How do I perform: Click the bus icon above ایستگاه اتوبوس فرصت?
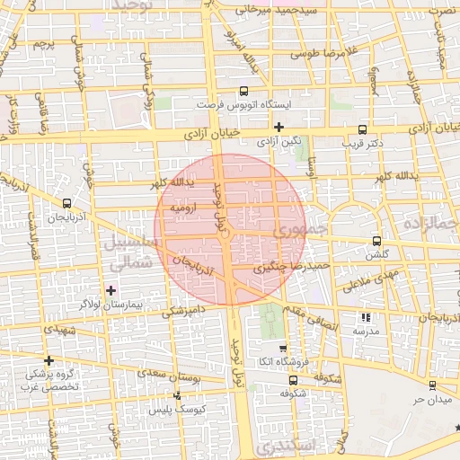pos(244,91)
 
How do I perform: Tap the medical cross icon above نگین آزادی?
pos(279,128)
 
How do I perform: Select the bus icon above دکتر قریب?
pos(362,128)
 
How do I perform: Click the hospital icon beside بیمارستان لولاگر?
pos(111,290)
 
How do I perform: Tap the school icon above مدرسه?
pos(365,317)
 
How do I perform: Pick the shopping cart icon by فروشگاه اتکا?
pos(284,348)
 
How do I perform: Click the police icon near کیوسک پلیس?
pos(177,395)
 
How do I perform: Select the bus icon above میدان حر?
pos(432,385)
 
